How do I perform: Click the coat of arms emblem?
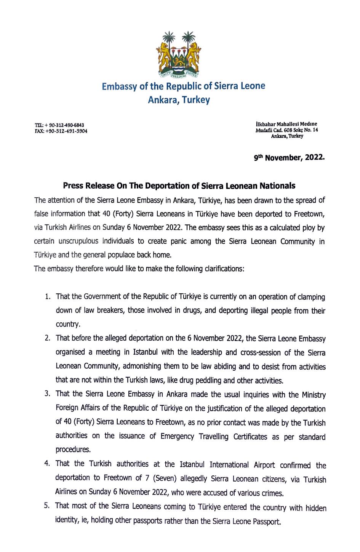pos(179,54)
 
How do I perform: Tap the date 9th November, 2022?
pos(290,157)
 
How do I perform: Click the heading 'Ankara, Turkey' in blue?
pos(179,100)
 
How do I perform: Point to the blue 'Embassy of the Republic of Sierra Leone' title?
pos(183,86)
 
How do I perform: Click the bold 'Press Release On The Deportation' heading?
pos(179,186)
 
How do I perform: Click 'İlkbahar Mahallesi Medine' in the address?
pos(286,124)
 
